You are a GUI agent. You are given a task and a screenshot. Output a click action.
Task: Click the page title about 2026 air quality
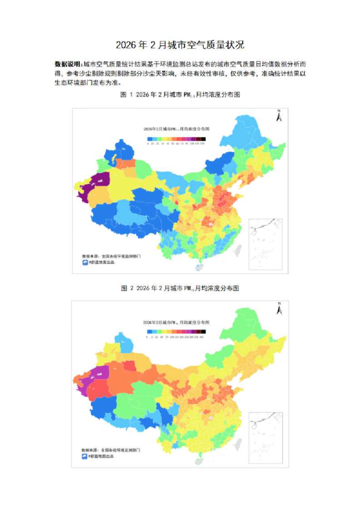pyautogui.click(x=180, y=45)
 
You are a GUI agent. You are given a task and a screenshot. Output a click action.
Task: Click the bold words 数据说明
pyautogui.click(x=67, y=63)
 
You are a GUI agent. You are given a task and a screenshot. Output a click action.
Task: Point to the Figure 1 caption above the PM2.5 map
pyautogui.click(x=180, y=96)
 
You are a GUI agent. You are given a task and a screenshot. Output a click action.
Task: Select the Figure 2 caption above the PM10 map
pyautogui.click(x=180, y=288)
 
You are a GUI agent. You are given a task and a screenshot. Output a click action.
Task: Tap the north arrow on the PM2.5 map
pyautogui.click(x=278, y=115)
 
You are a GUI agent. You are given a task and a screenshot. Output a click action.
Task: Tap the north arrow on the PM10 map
pyautogui.click(x=278, y=309)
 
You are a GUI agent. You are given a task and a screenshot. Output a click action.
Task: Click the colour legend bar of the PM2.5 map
pyautogui.click(x=177, y=138)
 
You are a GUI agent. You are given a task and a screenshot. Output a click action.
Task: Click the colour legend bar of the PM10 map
pyautogui.click(x=177, y=331)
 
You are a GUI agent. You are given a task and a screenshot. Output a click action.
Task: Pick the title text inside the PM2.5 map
pyautogui.click(x=177, y=129)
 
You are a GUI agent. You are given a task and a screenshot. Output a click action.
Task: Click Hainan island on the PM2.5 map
pyautogui.click(x=197, y=267)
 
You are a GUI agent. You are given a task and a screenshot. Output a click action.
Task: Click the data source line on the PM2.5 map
pyautogui.click(x=112, y=256)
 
